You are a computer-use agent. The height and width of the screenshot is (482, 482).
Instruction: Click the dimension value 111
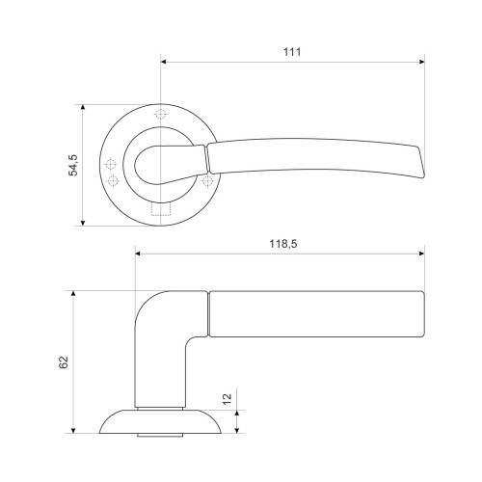coord(292,52)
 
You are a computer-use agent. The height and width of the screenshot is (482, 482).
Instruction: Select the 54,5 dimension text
coord(73,165)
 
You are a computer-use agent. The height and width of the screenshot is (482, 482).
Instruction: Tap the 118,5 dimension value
coord(283,244)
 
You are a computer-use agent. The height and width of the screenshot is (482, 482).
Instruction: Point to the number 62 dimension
coord(64,362)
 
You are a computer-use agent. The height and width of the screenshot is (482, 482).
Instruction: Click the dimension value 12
coord(228,399)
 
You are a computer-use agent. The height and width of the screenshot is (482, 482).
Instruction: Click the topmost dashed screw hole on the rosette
coord(160,114)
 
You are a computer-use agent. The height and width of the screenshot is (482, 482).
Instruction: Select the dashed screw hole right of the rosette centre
coord(207,180)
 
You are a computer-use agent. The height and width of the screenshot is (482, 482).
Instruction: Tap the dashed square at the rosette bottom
coord(161,209)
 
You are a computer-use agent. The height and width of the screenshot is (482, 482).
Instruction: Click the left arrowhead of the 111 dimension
coord(163,62)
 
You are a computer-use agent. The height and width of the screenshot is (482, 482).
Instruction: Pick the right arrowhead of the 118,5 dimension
coord(421,254)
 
